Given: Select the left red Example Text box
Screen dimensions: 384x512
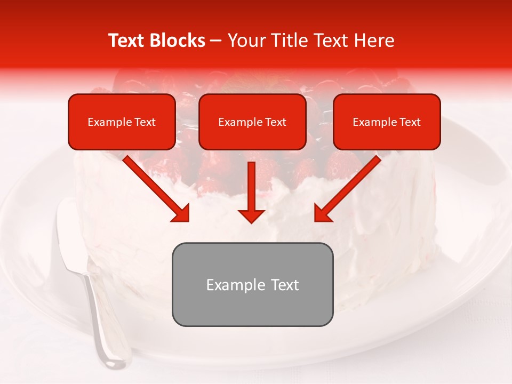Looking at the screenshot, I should coord(122,122).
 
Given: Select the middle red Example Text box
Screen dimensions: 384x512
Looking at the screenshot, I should coord(252,122).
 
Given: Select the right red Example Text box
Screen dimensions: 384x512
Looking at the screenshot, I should coord(387,122).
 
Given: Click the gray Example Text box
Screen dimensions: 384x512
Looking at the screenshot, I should coord(252,284).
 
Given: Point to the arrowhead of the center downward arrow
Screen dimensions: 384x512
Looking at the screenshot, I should coord(251,215).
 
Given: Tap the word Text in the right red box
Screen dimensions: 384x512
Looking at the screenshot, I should coord(410,122).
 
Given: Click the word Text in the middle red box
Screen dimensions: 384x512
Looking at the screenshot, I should coord(275,122).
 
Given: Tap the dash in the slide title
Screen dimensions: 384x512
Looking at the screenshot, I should coord(216,41).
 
